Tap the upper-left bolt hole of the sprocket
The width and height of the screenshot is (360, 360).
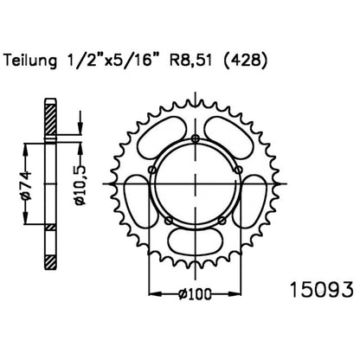[152, 170]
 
